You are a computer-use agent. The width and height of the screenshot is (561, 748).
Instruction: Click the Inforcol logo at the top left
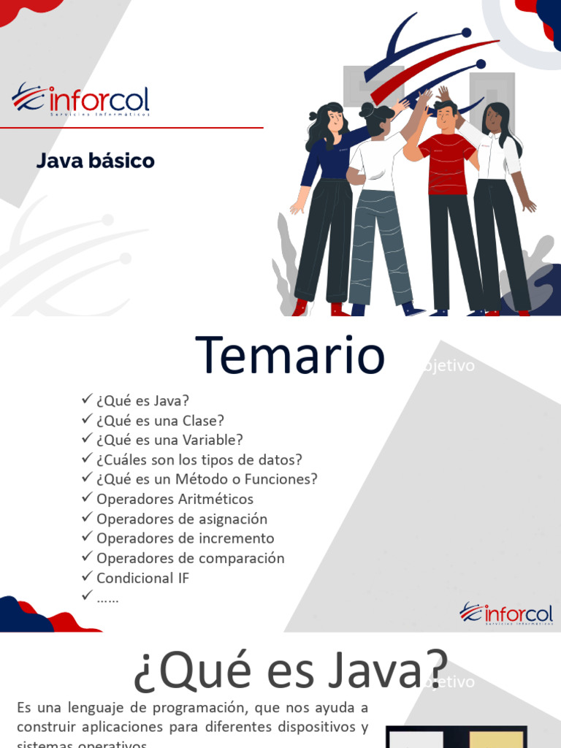80,101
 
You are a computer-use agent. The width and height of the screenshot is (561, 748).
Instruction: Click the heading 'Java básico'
96,161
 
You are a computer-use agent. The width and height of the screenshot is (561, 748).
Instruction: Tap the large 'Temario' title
290,356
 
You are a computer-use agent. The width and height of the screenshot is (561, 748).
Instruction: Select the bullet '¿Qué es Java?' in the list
142,401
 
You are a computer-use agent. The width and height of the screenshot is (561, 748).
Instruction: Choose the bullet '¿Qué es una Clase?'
160,421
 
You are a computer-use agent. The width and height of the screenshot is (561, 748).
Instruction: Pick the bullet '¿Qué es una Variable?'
169,440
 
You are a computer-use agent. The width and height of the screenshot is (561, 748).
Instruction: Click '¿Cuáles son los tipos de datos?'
199,460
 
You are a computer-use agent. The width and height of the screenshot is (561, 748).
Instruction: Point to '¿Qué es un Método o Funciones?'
207,480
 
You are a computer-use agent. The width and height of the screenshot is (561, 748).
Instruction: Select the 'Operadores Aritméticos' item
175,500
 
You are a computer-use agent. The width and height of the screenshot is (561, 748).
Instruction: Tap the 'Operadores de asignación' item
182,519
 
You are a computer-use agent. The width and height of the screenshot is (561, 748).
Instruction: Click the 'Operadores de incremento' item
186,539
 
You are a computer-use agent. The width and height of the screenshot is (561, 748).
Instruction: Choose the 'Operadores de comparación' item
190,559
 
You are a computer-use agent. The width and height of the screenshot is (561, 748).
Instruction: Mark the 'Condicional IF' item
142,579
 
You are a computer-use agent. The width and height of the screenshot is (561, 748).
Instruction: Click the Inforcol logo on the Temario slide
505,614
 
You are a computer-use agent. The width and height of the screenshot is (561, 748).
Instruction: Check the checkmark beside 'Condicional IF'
86,577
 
